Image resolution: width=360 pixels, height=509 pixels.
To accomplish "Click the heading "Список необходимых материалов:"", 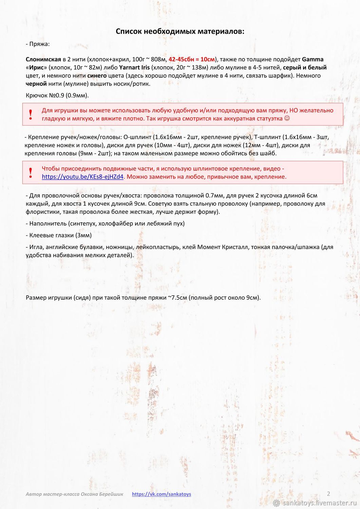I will [180, 32].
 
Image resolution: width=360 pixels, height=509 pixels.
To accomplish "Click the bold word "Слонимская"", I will [43, 59].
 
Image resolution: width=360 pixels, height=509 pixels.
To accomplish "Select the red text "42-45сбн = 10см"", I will [192, 59].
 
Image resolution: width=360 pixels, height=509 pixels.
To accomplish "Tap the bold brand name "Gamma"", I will [312, 59].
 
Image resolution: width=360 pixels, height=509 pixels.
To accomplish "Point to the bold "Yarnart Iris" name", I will [134, 68].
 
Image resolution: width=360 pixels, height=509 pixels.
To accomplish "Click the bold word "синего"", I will [97, 76].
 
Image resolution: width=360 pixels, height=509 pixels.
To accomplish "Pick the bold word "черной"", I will [36, 84].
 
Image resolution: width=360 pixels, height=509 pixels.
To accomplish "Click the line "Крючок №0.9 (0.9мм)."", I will [57, 95].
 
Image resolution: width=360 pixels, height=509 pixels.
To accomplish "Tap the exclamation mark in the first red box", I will [31, 115].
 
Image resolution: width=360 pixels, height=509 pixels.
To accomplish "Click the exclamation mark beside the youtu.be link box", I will [31, 173].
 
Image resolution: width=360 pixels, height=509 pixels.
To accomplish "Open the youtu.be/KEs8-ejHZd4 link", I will [82, 177].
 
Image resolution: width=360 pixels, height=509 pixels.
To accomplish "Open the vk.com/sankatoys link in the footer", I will [162, 494].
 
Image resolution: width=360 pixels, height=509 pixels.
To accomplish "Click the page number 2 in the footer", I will [328, 494].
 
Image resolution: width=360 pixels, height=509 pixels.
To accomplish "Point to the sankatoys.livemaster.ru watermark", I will [316, 503].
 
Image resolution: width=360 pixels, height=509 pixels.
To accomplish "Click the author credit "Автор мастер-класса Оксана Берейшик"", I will [74, 494].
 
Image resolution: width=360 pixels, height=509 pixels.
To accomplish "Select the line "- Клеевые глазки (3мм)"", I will [59, 235].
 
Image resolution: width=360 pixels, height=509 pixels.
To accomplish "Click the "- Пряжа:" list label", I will [38, 44].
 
